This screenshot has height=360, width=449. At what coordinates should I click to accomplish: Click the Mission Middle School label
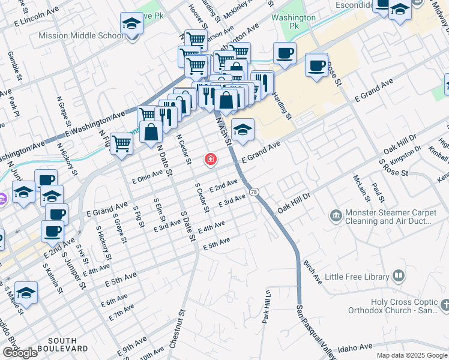(x=81, y=35)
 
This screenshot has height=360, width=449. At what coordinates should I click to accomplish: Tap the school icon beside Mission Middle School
(x=131, y=25)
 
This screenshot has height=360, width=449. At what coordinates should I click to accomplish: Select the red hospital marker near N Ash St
(x=210, y=160)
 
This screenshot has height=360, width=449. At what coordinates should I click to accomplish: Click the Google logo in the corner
(x=20, y=352)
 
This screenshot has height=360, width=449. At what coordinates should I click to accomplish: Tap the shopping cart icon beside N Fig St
(x=121, y=144)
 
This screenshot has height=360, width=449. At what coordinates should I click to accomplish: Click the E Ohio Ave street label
(x=147, y=174)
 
